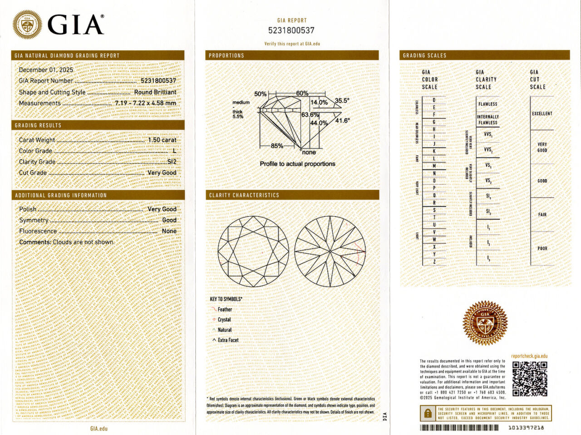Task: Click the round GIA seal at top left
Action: pos(27,24)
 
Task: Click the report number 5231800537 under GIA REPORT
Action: pos(291,30)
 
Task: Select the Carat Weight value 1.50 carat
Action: pos(162,140)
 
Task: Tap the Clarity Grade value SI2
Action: pos(172,162)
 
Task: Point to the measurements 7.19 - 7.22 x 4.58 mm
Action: pos(145,103)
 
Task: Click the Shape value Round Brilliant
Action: pos(155,92)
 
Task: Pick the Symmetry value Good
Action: pos(169,220)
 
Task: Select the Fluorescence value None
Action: pos(169,231)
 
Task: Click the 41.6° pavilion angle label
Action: pos(343,121)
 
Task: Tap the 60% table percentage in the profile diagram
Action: pos(302,93)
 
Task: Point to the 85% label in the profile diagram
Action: pos(277,146)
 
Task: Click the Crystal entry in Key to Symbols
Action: pos(224,320)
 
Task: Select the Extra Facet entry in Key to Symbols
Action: pos(228,340)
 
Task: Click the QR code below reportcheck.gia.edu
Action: pos(529,379)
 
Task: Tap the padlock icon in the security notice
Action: pos(428,413)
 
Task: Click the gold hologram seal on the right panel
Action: pos(485,323)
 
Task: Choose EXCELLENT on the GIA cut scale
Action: pos(542,114)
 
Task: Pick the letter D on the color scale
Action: pos(434,100)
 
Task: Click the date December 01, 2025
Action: pos(46,70)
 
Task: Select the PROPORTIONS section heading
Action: pos(226,55)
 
